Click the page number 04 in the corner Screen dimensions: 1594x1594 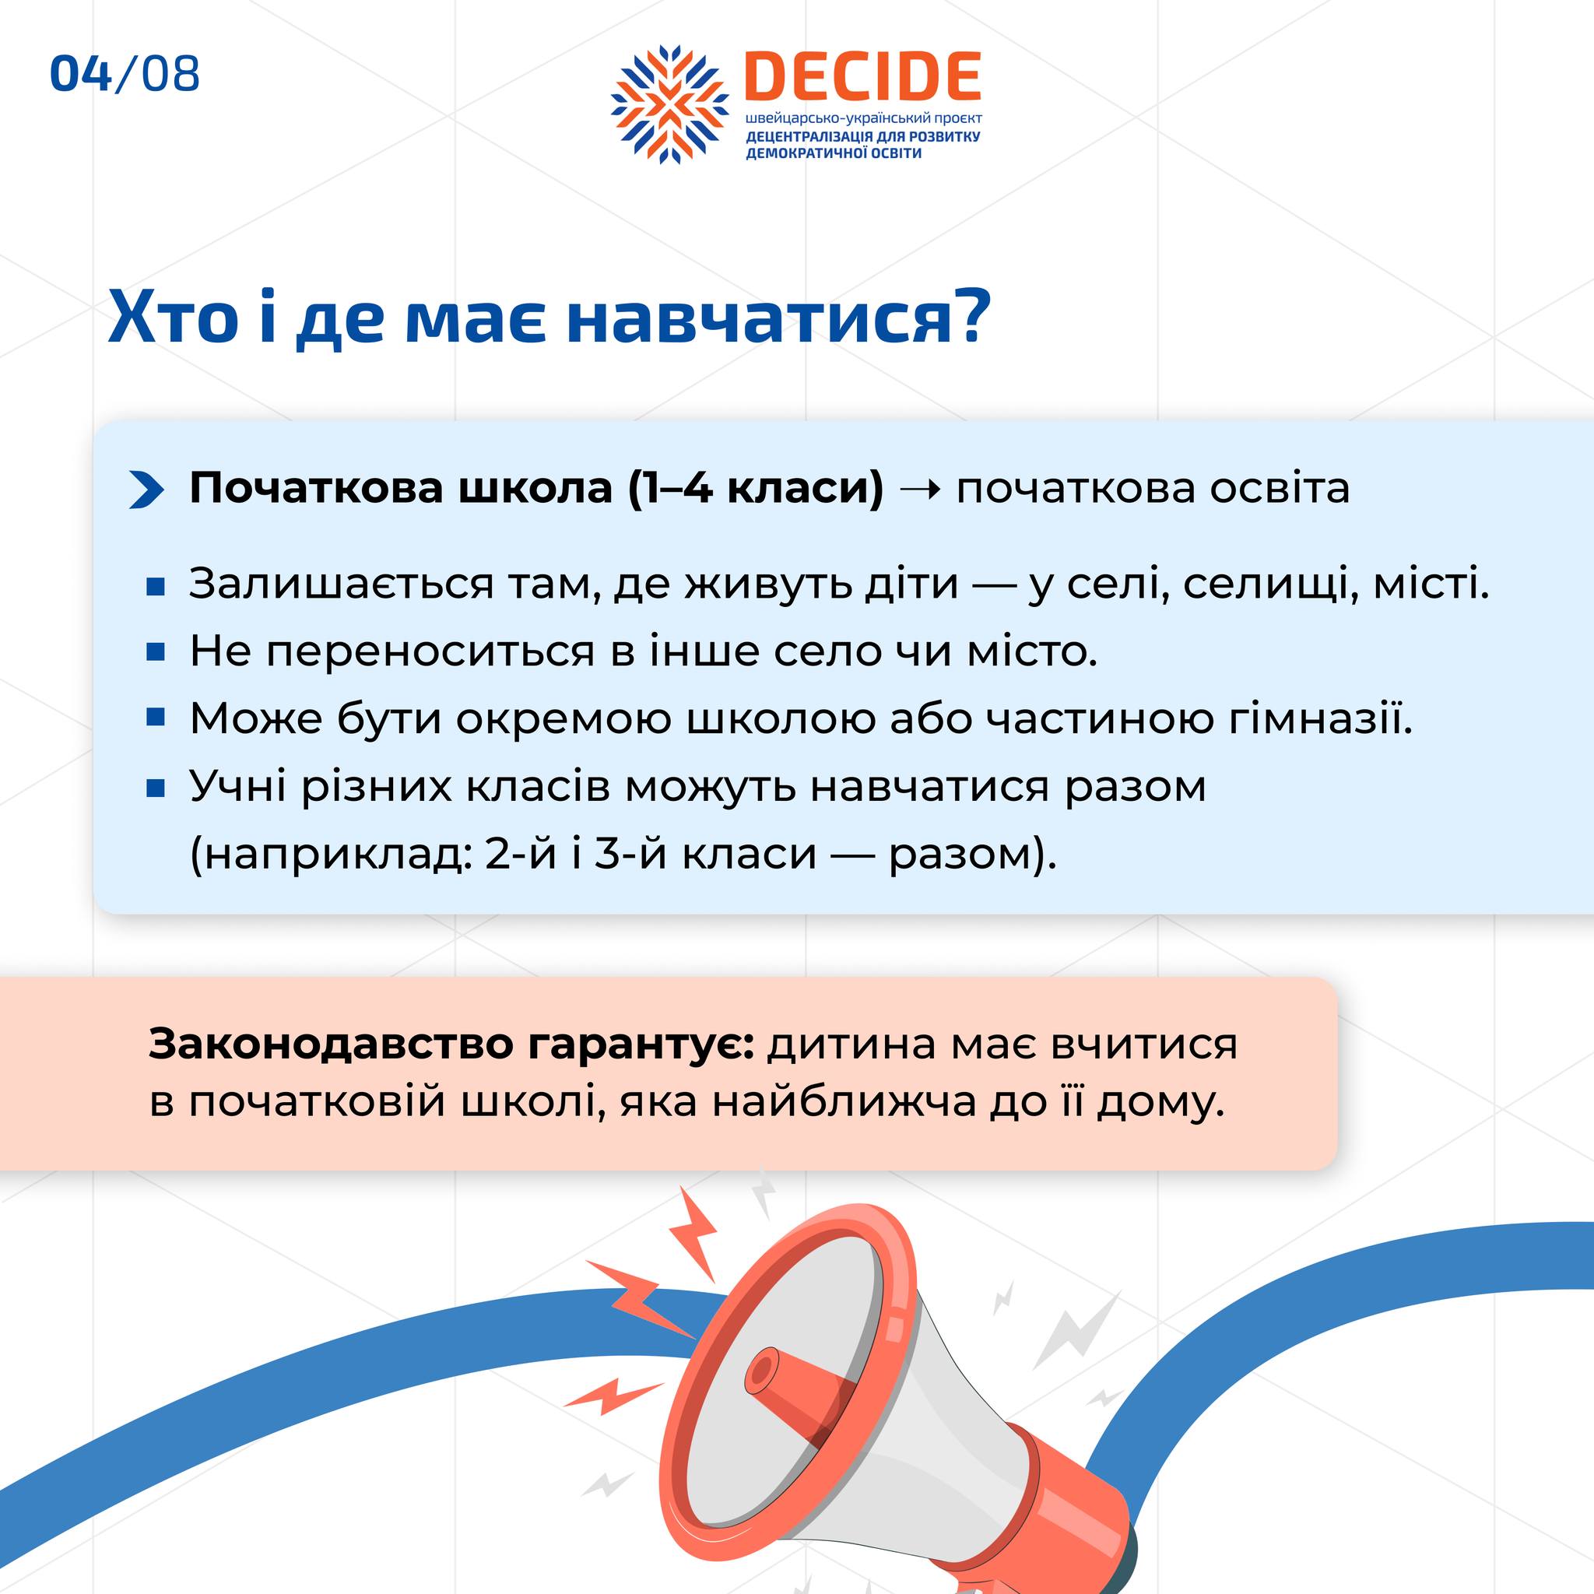pos(81,74)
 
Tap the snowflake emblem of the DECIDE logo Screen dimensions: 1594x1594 pos(670,104)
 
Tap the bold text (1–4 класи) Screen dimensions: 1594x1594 pos(755,489)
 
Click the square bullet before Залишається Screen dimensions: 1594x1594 pos(156,587)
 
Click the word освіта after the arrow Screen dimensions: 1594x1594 pos(1280,489)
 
